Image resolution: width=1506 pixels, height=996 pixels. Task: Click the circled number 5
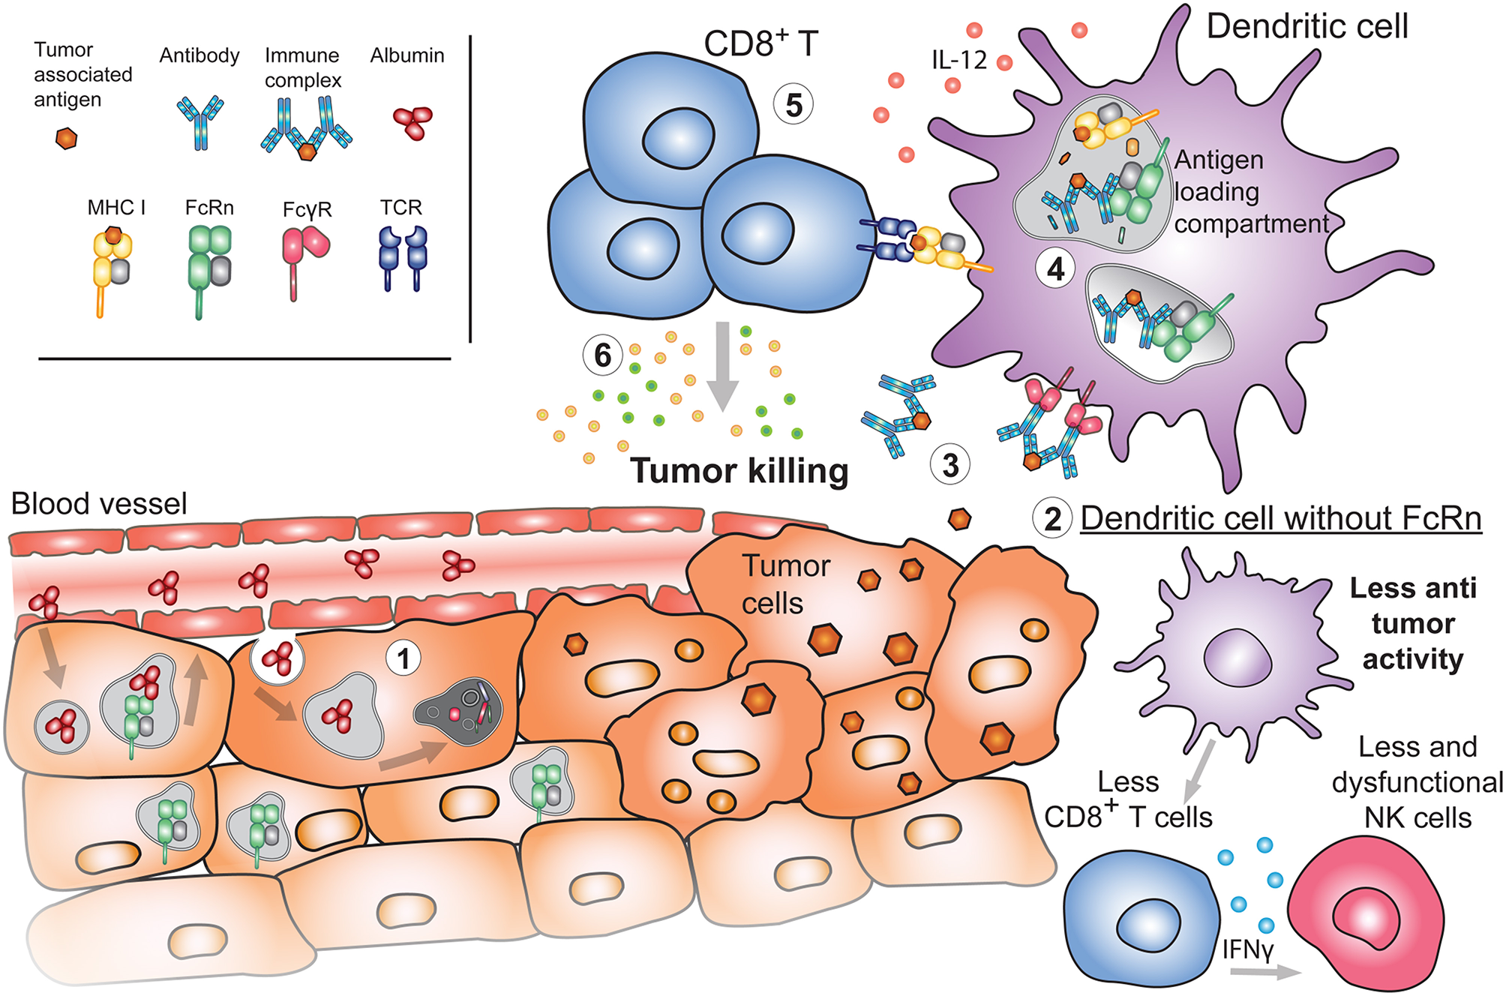pos(793,105)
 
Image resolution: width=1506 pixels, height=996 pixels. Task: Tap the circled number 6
pos(603,355)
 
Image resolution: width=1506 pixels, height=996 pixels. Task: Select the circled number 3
pos(950,465)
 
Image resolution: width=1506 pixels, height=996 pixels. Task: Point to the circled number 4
pos(1055,268)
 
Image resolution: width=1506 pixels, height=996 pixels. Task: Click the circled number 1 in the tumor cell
pos(403,658)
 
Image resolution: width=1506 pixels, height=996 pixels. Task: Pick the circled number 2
pos(1052,519)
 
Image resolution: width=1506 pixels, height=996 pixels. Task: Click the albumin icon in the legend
pos(412,122)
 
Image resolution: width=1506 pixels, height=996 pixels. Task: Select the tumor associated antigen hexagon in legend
pos(67,138)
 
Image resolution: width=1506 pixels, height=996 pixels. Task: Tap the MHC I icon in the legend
pos(111,266)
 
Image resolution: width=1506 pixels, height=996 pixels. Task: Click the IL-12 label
pos(959,60)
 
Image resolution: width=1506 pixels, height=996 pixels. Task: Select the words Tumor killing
pos(739,471)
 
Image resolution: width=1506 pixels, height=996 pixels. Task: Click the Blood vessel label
pos(99,504)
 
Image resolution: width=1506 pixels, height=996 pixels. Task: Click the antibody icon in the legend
pos(200,120)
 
